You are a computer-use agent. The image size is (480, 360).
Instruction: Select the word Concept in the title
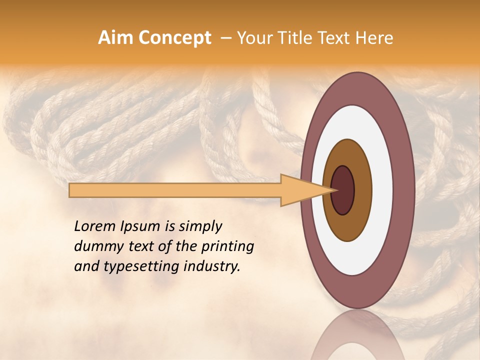point(174,38)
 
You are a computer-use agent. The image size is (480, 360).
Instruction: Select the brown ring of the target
point(363,190)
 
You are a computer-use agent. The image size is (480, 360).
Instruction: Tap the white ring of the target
point(382,190)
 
